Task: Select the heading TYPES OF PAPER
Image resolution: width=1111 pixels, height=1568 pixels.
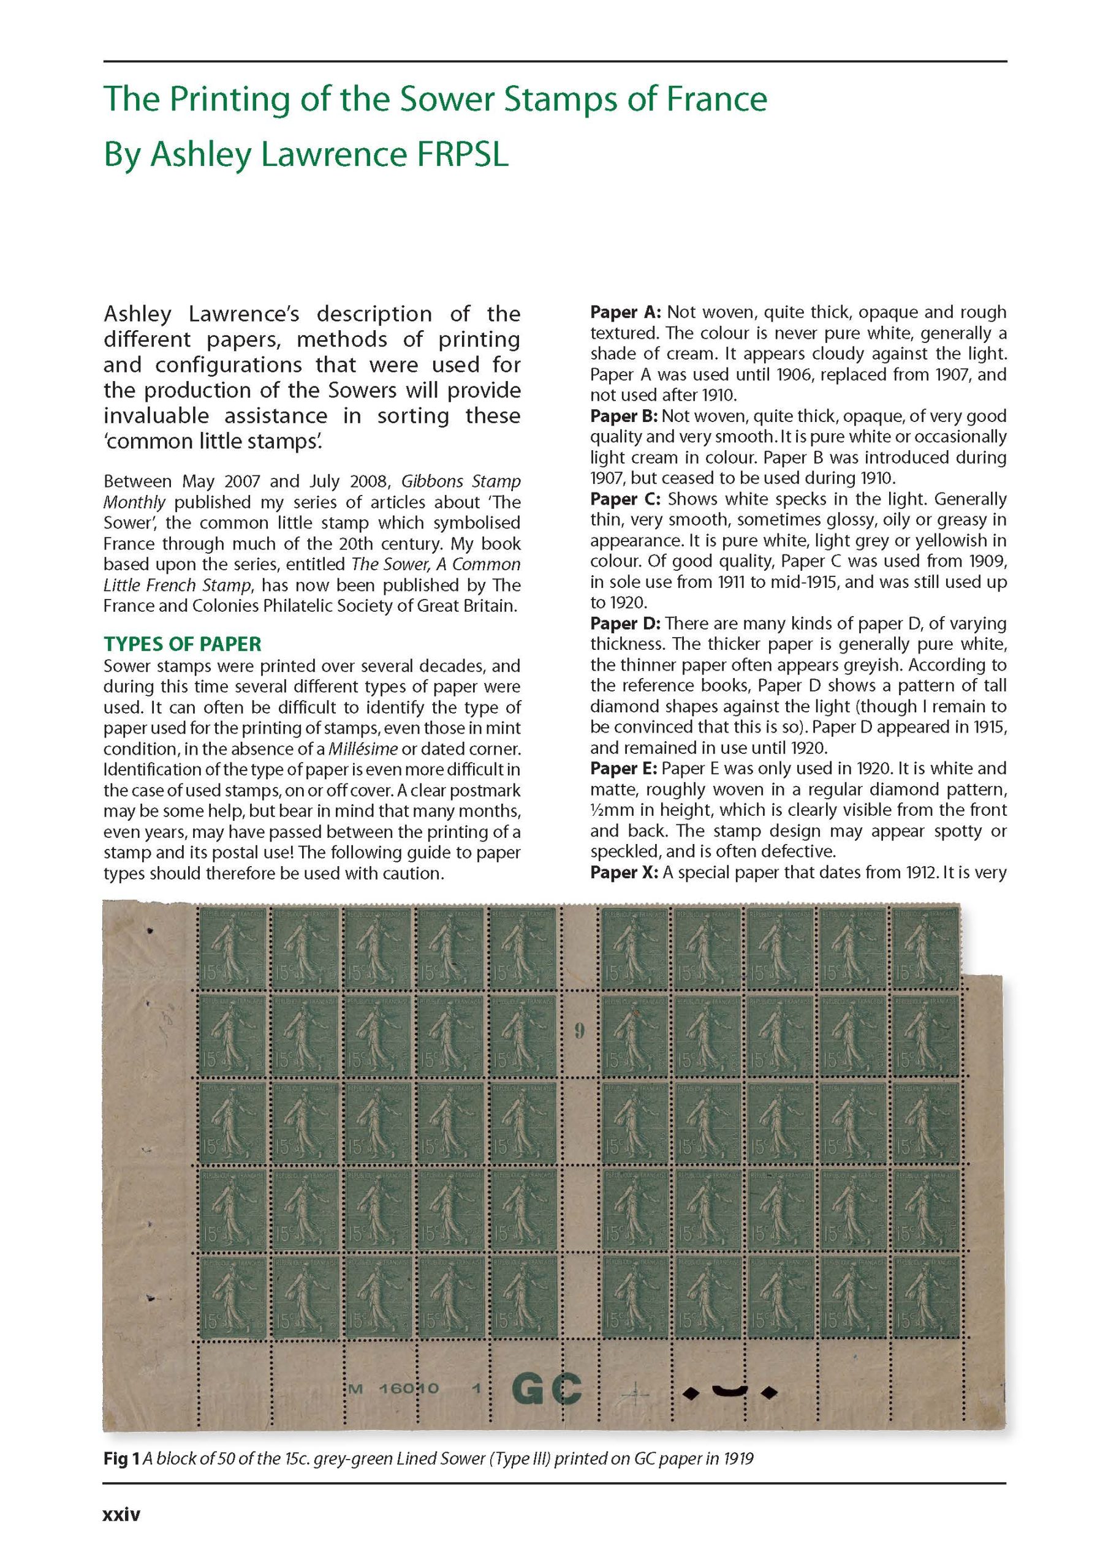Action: (182, 644)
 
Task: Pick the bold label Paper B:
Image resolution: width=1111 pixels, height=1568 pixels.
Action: (624, 417)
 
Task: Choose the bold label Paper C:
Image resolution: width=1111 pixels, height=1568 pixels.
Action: (625, 499)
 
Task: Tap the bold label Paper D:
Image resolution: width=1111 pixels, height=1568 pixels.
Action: (625, 624)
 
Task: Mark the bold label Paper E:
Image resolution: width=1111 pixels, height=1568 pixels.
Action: (624, 769)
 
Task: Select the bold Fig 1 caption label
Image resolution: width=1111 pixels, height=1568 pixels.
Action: (116, 1459)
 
